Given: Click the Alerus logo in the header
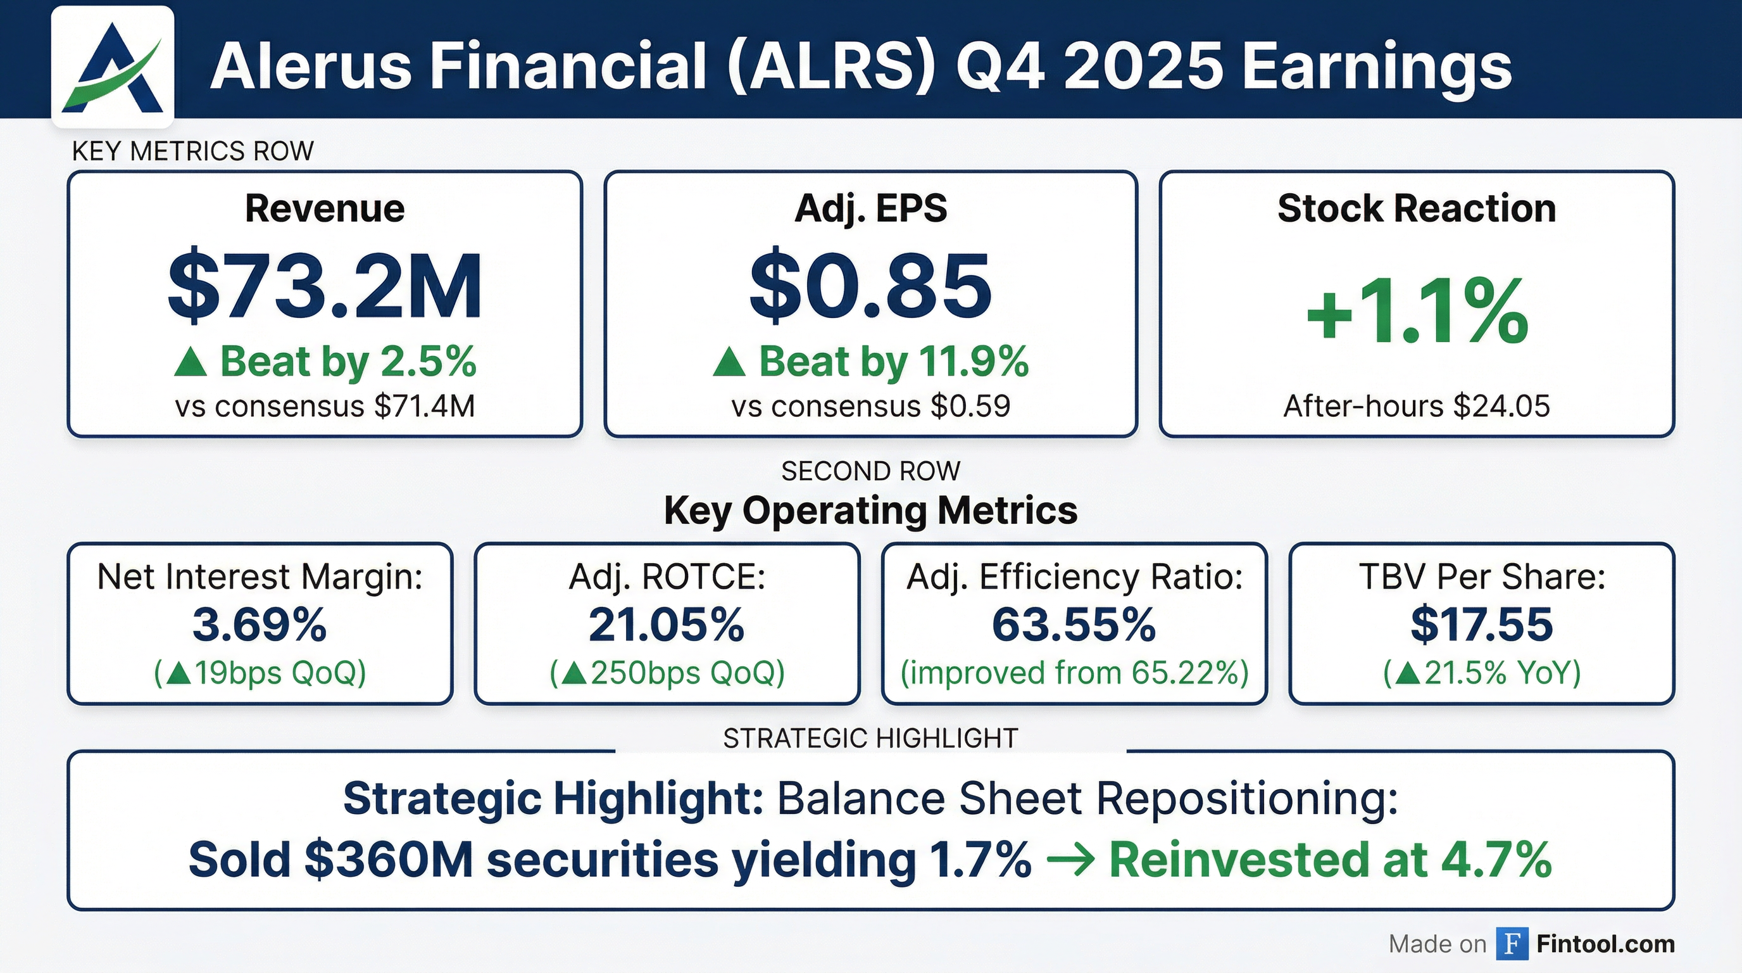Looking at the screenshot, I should [112, 67].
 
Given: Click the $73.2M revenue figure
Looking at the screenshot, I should [325, 286].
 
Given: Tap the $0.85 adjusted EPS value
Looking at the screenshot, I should [870, 286].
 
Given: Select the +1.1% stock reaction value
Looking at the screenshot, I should [1417, 312].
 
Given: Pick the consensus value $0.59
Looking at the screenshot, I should [970, 406].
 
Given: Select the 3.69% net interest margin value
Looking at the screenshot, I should [260, 625].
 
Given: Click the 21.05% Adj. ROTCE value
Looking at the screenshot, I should [667, 625].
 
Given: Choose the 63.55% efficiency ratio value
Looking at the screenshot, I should [1074, 625].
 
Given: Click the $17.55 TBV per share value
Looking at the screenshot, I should [1482, 625].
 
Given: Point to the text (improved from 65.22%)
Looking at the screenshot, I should [1074, 673].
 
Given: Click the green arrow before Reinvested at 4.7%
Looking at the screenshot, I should [1070, 860].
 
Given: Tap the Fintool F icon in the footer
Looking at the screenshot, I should [1512, 943].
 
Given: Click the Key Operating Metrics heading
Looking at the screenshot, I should [870, 510].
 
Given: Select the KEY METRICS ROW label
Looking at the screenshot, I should [192, 151].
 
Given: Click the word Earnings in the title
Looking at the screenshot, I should [1377, 67].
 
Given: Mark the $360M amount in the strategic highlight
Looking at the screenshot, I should [388, 860].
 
